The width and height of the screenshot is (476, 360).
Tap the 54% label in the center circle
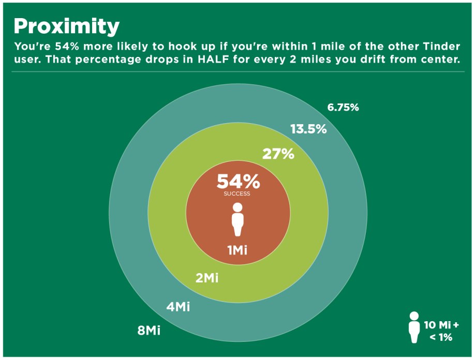tap(238, 182)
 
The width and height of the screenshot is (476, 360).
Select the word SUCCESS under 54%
tap(237, 194)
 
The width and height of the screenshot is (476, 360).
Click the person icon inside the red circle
tap(237, 219)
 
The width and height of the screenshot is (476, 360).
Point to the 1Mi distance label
tap(237, 250)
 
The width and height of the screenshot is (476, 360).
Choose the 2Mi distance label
tap(207, 278)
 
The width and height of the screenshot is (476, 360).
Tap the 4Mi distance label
tap(178, 307)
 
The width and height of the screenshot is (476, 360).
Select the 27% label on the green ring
tap(278, 154)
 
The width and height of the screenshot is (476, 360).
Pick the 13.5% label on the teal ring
tap(308, 129)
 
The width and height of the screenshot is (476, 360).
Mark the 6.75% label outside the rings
tap(343, 108)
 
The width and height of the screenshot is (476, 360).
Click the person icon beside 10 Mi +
tap(413, 327)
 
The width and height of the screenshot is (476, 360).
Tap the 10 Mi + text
tap(441, 325)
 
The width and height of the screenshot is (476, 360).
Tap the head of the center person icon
tap(237, 207)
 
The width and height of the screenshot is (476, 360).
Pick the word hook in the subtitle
tap(187, 45)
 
